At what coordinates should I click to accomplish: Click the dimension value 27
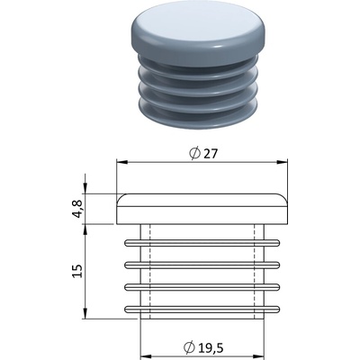click(x=210, y=154)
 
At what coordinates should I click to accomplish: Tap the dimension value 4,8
click(x=77, y=209)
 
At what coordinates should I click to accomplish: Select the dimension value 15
click(x=77, y=271)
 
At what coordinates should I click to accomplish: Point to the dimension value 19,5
click(x=211, y=347)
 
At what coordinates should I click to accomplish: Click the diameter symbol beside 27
click(x=194, y=153)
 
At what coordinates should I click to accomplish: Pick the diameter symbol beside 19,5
click(x=189, y=347)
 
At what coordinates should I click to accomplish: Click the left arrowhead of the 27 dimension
click(x=121, y=162)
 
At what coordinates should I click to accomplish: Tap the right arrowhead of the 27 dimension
click(x=283, y=162)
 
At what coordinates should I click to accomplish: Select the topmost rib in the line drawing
click(x=202, y=243)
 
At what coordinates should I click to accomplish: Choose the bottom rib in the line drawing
click(x=202, y=309)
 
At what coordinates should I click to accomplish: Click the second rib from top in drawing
click(x=202, y=265)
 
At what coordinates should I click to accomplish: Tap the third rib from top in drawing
click(x=202, y=287)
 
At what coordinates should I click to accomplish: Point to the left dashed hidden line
click(x=149, y=272)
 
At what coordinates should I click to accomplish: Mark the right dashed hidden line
click(x=255, y=272)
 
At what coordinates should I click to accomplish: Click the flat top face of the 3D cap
click(x=198, y=25)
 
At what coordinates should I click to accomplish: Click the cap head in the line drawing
click(x=202, y=209)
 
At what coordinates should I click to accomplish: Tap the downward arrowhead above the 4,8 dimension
click(x=85, y=190)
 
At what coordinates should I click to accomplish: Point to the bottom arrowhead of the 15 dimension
click(x=85, y=314)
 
